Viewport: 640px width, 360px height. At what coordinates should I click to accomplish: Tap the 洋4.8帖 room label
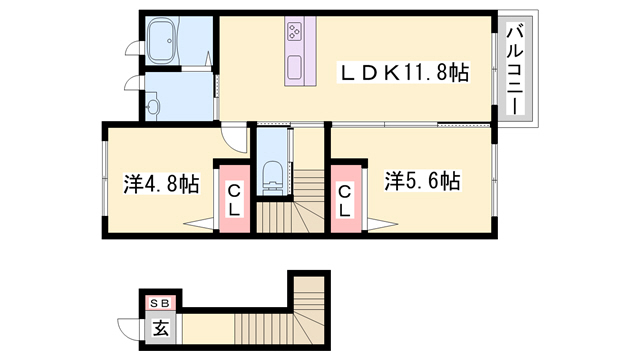point(160,183)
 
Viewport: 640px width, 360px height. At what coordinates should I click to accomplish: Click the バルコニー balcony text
point(516,70)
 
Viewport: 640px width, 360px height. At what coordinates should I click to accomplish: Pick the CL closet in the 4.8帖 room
point(233,200)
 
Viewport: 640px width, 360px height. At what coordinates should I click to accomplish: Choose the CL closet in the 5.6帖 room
point(344,200)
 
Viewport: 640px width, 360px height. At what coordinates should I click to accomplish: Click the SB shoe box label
point(160,302)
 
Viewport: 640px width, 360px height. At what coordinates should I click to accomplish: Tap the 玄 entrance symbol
point(160,326)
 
